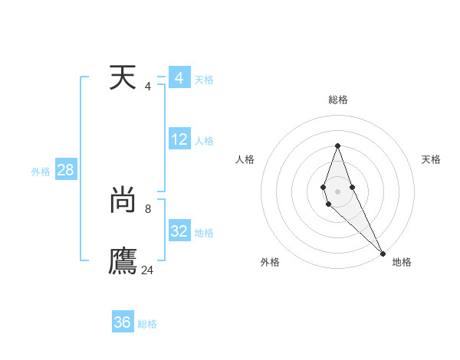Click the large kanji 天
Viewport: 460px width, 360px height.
(123, 79)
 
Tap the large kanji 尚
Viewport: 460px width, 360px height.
(123, 201)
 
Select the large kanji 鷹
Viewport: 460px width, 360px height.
(123, 261)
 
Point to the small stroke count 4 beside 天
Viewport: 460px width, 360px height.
(148, 87)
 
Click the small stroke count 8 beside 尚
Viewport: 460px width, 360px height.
(148, 208)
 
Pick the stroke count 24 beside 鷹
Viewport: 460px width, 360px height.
(148, 270)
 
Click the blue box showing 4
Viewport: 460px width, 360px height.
(179, 78)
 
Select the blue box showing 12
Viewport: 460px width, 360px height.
(179, 139)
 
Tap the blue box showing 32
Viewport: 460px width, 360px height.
(179, 231)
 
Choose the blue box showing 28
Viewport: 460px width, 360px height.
(65, 170)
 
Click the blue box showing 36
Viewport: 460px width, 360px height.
(122, 322)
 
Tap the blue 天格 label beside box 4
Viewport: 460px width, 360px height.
(204, 80)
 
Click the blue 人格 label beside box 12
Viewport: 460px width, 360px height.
(204, 141)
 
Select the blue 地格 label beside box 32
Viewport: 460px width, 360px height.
(204, 233)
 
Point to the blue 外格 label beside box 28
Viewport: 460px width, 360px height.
(41, 172)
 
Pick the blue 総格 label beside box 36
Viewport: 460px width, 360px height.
(147, 324)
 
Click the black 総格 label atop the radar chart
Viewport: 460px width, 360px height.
(338, 100)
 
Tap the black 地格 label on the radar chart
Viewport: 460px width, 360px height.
(402, 262)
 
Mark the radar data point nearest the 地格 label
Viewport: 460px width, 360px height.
(383, 253)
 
